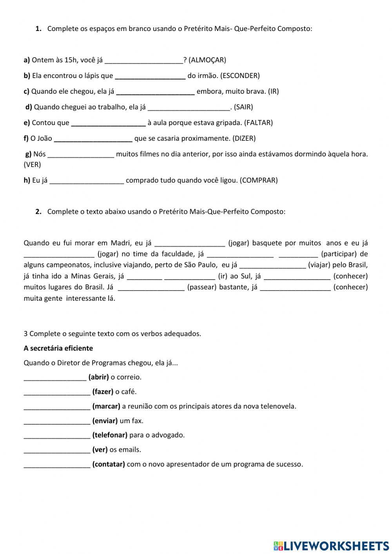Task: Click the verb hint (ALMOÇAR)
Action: click(207, 60)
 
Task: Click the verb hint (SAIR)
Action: click(243, 107)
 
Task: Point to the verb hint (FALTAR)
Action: click(258, 123)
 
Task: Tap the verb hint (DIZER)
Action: click(244, 138)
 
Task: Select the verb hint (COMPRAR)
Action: click(258, 180)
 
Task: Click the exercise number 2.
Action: click(38, 212)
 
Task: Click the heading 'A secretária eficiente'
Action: click(58, 348)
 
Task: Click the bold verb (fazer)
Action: click(103, 392)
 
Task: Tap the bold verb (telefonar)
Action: click(110, 435)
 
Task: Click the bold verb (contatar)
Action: click(109, 465)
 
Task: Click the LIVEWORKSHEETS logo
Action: click(331, 546)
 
